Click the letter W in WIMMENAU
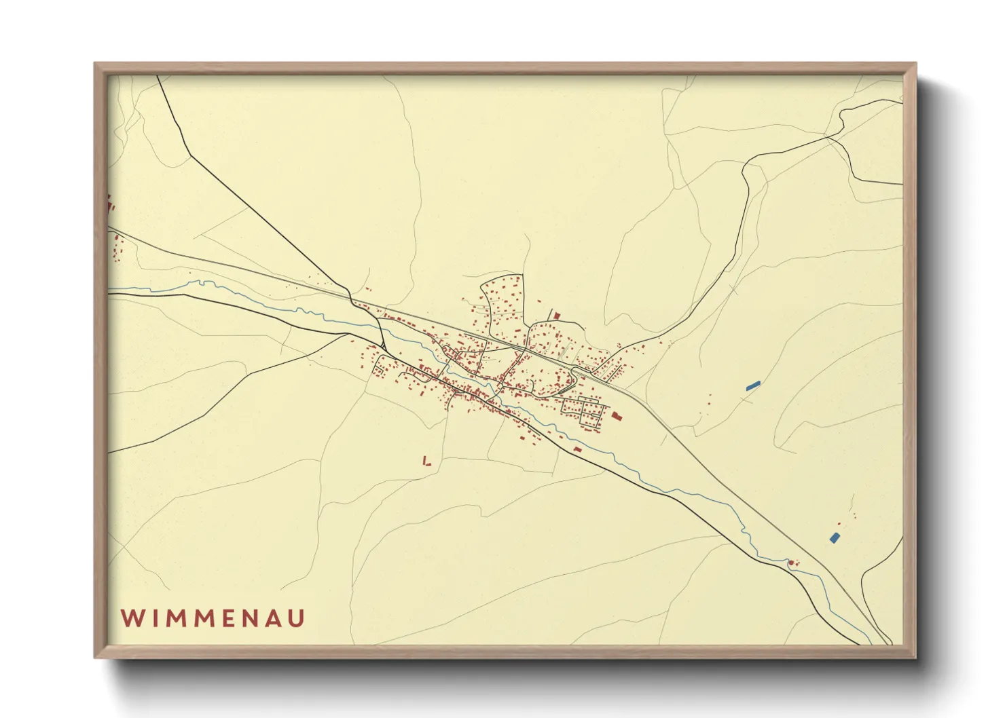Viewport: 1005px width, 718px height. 131,618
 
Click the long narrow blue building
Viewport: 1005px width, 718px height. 753,385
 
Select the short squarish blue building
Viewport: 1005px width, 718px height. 835,537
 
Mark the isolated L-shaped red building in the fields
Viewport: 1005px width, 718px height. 426,461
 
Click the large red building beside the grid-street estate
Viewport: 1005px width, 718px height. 617,415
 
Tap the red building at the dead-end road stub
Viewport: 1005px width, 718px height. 558,316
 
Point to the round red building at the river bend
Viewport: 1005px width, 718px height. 790,562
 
